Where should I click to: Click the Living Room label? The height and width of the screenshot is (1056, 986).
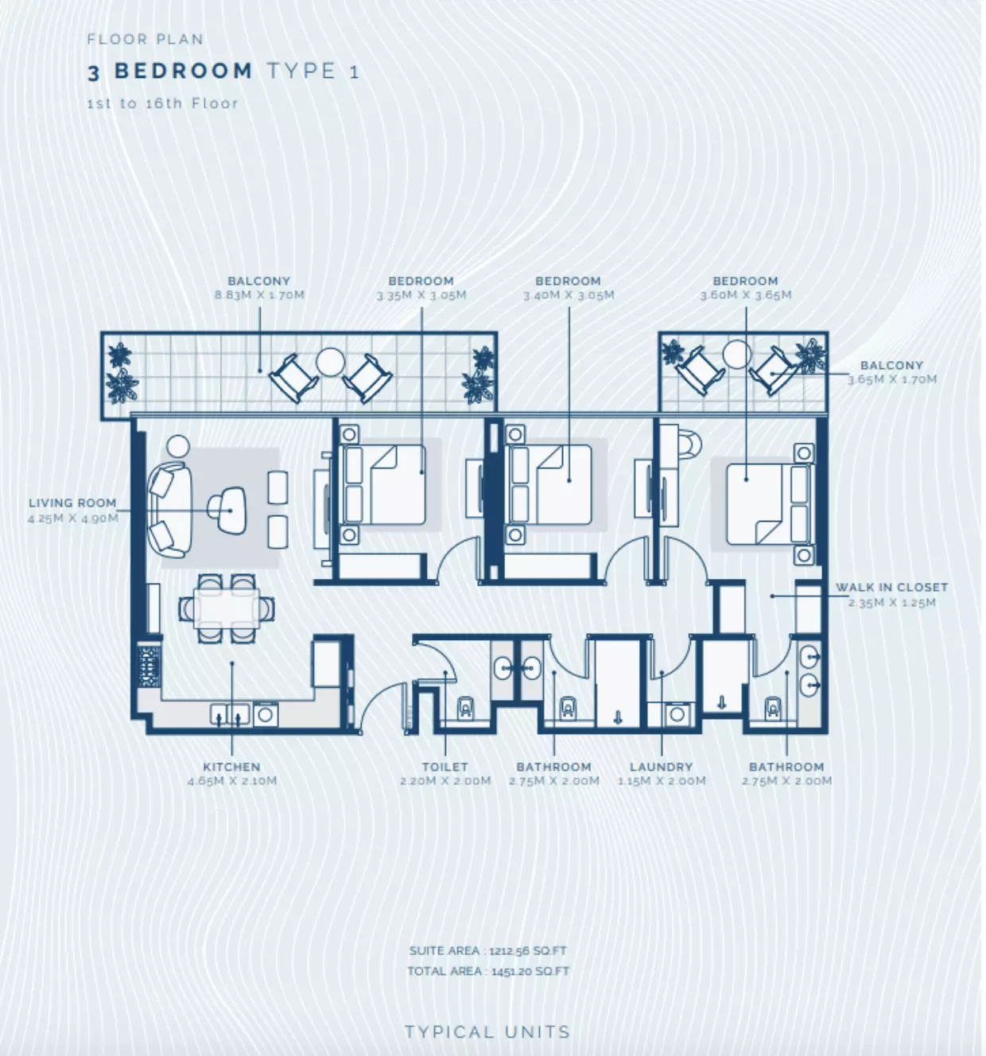72,503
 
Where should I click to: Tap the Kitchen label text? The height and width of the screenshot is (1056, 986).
232,767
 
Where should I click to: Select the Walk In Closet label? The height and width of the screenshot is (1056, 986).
891,588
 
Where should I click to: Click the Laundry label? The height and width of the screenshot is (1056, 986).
662,767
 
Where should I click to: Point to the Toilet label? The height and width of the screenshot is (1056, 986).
445,767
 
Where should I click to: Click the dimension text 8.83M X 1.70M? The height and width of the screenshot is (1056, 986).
259,294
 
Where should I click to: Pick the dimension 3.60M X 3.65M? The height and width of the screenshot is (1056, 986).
746,294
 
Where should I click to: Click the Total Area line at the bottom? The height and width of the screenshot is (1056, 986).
488,972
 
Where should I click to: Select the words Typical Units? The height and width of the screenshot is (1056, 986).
487,1032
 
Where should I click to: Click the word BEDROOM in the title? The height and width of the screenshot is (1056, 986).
184,71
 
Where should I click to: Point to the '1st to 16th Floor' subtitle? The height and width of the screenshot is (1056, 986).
163,103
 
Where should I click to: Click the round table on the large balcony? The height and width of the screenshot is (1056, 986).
330,362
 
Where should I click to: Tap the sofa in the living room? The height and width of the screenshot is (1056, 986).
169,510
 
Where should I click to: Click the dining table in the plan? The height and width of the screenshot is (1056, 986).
227,608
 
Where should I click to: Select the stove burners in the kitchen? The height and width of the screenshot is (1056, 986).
149,666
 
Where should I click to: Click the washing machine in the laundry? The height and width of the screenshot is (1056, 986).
677,714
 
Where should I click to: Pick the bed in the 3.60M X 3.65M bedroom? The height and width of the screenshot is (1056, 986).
770,504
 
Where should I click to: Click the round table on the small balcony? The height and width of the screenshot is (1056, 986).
736,355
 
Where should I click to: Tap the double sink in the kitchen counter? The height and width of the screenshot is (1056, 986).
230,715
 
